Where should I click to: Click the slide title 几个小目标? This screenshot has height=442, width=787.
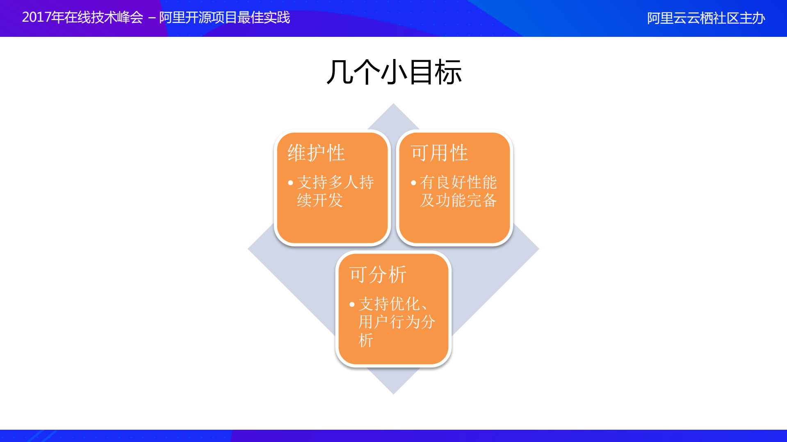394,72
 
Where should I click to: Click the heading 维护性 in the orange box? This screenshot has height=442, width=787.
316,153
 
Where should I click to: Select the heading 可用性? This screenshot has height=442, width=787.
439,153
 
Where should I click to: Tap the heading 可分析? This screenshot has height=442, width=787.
378,274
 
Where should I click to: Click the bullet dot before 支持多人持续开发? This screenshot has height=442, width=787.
290,183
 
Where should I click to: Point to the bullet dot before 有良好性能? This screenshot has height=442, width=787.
413,183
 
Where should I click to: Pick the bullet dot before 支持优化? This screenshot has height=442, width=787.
352,304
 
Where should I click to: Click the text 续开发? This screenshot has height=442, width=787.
320,200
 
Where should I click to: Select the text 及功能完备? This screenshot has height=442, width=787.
458,200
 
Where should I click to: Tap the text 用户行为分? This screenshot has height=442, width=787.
397,322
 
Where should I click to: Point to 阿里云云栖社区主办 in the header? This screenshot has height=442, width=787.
706,18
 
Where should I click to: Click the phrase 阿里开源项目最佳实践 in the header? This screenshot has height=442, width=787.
224,17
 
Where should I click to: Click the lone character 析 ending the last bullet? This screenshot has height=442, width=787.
366,340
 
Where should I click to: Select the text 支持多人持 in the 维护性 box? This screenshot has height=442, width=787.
335,182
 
